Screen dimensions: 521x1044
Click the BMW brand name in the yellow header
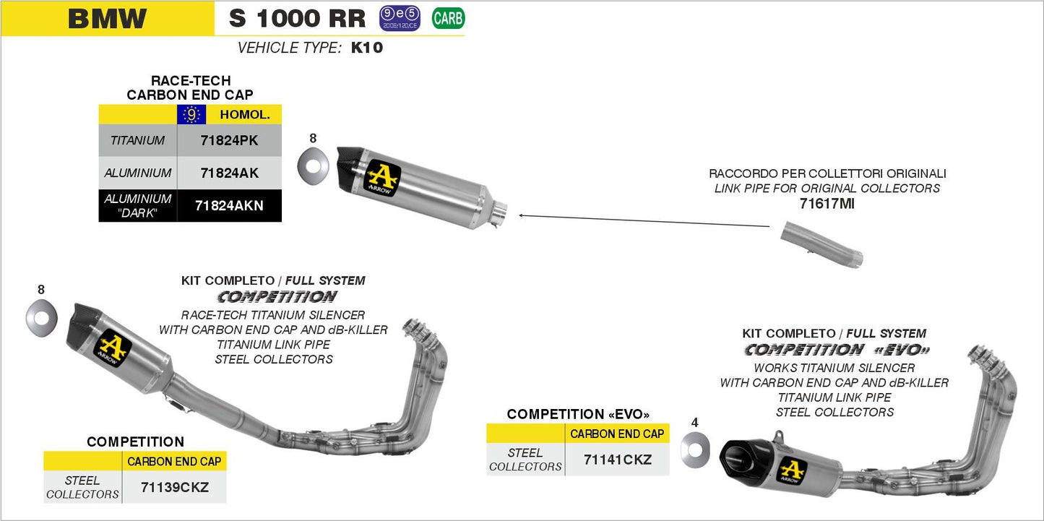107,19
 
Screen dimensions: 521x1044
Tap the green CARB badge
448,18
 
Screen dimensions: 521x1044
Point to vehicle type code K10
366,48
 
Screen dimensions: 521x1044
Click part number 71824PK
229,141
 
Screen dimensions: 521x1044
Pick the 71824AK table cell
229,173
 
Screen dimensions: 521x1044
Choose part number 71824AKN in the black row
229,206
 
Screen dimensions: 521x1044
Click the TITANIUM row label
137,141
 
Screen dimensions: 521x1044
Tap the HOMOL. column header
244,114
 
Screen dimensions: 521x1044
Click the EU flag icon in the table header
191,114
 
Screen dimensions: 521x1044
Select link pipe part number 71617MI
827,204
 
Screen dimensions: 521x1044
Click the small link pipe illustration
822,246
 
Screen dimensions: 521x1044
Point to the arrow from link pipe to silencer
643,220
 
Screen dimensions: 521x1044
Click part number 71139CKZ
173,487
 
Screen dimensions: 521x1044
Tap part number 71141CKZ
617,460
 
